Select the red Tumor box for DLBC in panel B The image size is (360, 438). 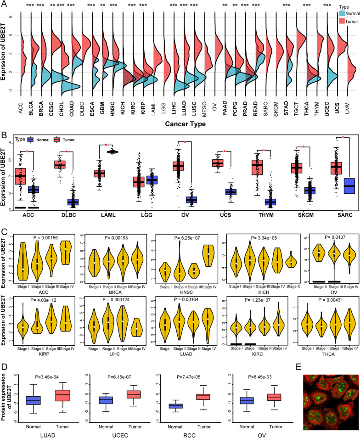pos(60,164)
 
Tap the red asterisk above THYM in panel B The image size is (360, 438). pos(264,150)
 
